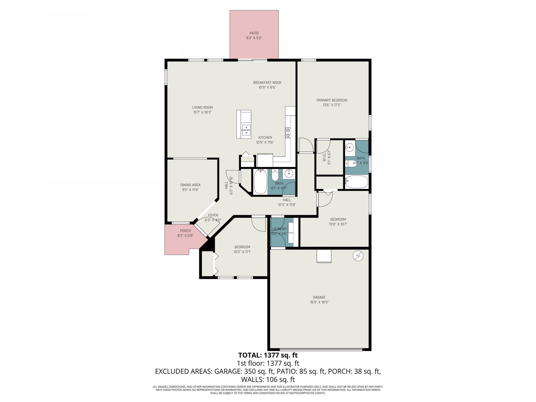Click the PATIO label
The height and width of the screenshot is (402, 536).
(x=254, y=33)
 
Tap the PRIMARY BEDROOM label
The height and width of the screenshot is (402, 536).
(x=332, y=100)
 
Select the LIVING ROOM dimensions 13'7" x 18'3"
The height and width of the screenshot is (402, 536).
(x=202, y=112)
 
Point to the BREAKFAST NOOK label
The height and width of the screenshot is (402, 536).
(x=267, y=83)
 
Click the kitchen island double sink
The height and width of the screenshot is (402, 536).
(x=51, y=130)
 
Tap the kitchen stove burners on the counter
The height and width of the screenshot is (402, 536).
(x=288, y=133)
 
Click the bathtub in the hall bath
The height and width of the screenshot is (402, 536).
(x=260, y=182)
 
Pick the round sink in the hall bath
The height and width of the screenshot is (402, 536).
(x=288, y=174)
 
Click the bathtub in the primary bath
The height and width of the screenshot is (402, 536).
(x=356, y=182)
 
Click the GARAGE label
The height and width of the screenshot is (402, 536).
(x=319, y=297)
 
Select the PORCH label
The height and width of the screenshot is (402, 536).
(x=185, y=231)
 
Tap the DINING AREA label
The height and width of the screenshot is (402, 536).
(x=190, y=185)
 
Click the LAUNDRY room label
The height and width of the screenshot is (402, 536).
(x=279, y=229)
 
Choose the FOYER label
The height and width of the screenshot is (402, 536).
(x=213, y=215)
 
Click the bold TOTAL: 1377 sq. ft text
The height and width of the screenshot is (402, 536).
(x=268, y=355)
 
